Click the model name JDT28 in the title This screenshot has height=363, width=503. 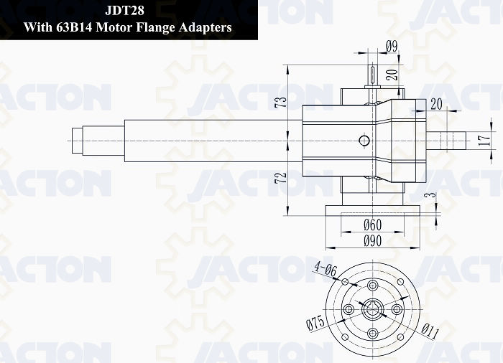pos(125,11)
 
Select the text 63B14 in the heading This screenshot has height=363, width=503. pos(75,27)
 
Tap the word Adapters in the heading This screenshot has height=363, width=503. pos(206,27)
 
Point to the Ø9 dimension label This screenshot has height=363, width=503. pos(392,47)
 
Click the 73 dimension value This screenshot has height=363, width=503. pos(282,102)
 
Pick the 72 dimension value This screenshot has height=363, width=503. pos(281,178)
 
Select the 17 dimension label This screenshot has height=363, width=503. pos(484,141)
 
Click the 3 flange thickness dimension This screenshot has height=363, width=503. pos(432,194)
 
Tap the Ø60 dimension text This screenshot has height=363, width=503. pos(372,225)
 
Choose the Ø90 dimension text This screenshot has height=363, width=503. pos(372,240)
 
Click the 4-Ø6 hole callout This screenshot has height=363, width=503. pos(326,269)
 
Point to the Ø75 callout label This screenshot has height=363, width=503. pos(315,323)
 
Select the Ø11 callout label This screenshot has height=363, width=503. pos(430,331)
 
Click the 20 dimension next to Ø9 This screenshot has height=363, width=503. pos(392,75)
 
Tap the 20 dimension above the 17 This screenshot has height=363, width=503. pos(436,104)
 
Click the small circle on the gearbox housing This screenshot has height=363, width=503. pos(364,141)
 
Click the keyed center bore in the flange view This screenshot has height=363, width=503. pos(372,309)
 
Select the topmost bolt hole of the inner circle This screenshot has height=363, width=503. pos(372,285)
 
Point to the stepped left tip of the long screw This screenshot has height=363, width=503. pos(78,141)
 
